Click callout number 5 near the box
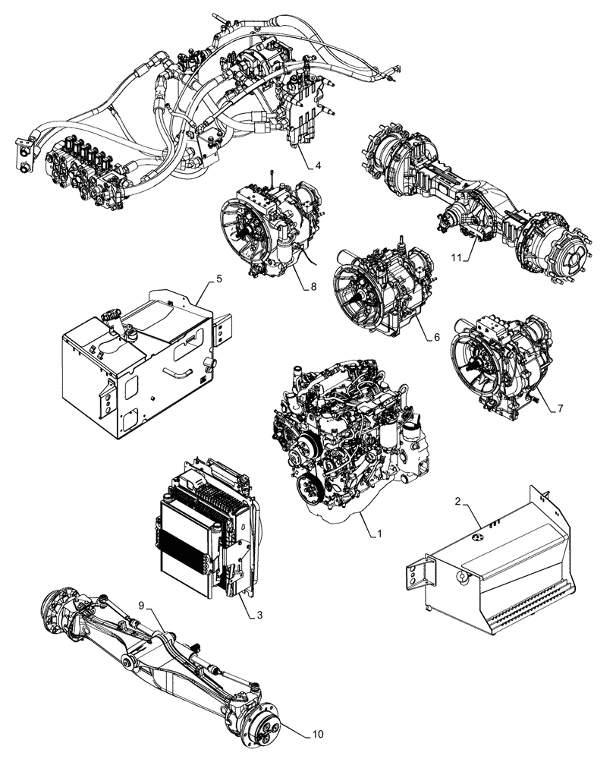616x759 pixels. pyautogui.click(x=219, y=279)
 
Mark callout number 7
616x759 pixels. pyautogui.click(x=559, y=408)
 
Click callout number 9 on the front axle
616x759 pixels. pyautogui.click(x=140, y=606)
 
